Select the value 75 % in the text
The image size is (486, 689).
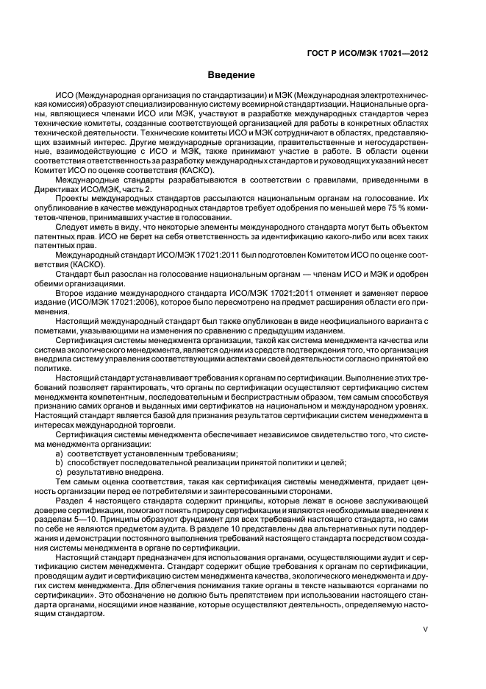[384, 209]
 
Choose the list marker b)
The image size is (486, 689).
[59, 464]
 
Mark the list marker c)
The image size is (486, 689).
[59, 473]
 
